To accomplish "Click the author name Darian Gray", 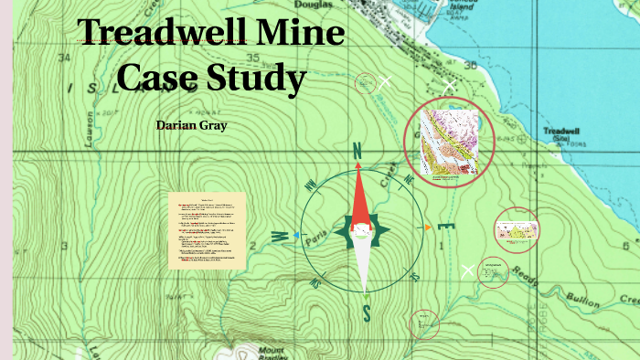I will pyautogui.click(x=190, y=124).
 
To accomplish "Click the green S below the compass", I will pyautogui.click(x=366, y=313).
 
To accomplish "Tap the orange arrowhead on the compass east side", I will pyautogui.click(x=427, y=227).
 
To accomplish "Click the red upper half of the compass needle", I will pyautogui.click(x=359, y=196).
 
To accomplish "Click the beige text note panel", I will pyautogui.click(x=207, y=229).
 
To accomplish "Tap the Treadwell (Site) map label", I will pyautogui.click(x=556, y=133).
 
